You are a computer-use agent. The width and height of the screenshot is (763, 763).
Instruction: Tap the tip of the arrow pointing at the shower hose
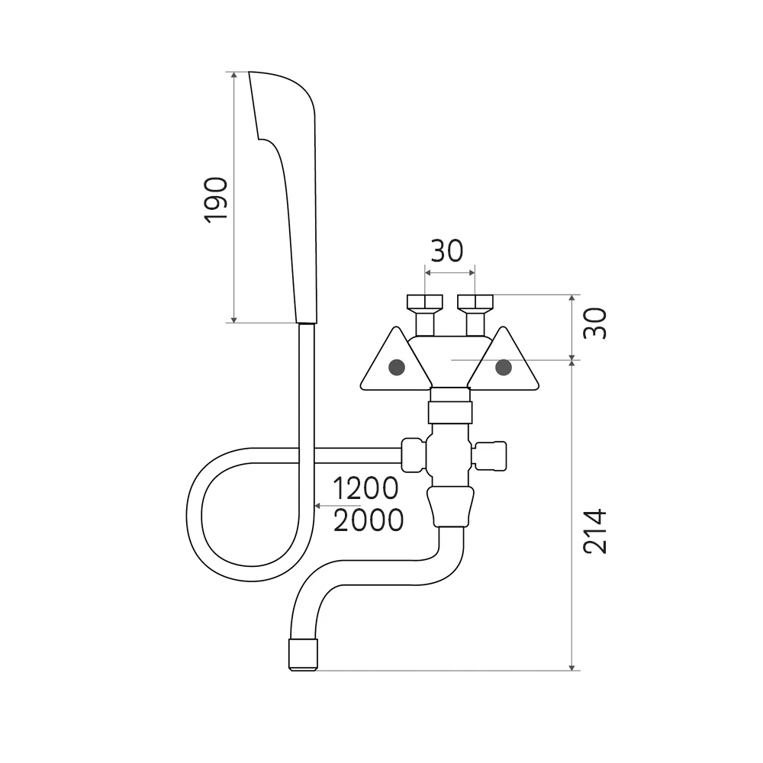click(315, 506)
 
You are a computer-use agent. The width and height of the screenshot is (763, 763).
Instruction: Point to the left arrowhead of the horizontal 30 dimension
click(426, 272)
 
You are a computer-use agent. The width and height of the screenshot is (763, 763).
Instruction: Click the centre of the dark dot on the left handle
click(397, 367)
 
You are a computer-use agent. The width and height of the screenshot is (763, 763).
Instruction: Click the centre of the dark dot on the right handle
click(503, 367)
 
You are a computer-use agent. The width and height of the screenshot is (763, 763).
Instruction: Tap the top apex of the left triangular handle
click(396, 327)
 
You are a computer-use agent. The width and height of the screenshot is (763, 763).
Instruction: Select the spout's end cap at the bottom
click(303, 655)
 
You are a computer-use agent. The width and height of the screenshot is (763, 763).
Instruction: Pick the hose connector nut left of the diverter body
click(414, 455)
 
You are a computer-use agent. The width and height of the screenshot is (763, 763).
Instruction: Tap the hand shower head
click(283, 197)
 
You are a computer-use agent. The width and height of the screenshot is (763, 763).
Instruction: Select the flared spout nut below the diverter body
click(450, 507)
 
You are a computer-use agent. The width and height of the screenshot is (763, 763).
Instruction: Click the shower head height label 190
click(216, 200)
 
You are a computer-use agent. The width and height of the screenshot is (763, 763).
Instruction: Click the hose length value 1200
click(366, 488)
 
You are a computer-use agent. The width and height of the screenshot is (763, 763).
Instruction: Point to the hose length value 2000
click(369, 520)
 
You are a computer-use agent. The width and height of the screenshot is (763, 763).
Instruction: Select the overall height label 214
click(595, 531)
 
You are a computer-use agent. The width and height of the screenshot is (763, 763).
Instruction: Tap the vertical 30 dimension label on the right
click(595, 323)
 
